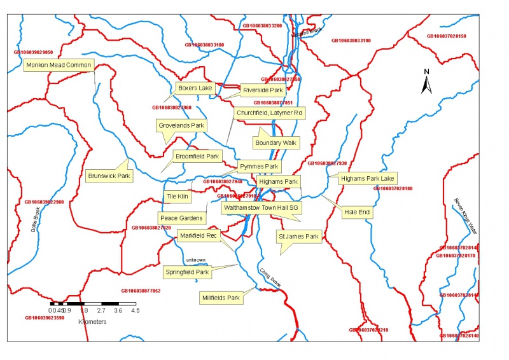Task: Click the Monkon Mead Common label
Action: (x=59, y=66)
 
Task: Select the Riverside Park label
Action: (x=262, y=90)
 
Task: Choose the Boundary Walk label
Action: (x=275, y=143)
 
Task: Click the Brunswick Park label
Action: (x=109, y=176)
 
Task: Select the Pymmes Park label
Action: (x=259, y=167)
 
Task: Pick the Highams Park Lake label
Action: (x=368, y=178)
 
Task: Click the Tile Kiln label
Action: (x=178, y=197)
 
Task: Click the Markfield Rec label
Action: (x=197, y=235)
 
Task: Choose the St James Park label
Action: (x=298, y=237)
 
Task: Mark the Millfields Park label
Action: (x=220, y=297)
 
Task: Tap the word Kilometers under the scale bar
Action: (x=92, y=322)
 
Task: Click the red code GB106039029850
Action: (x=33, y=52)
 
